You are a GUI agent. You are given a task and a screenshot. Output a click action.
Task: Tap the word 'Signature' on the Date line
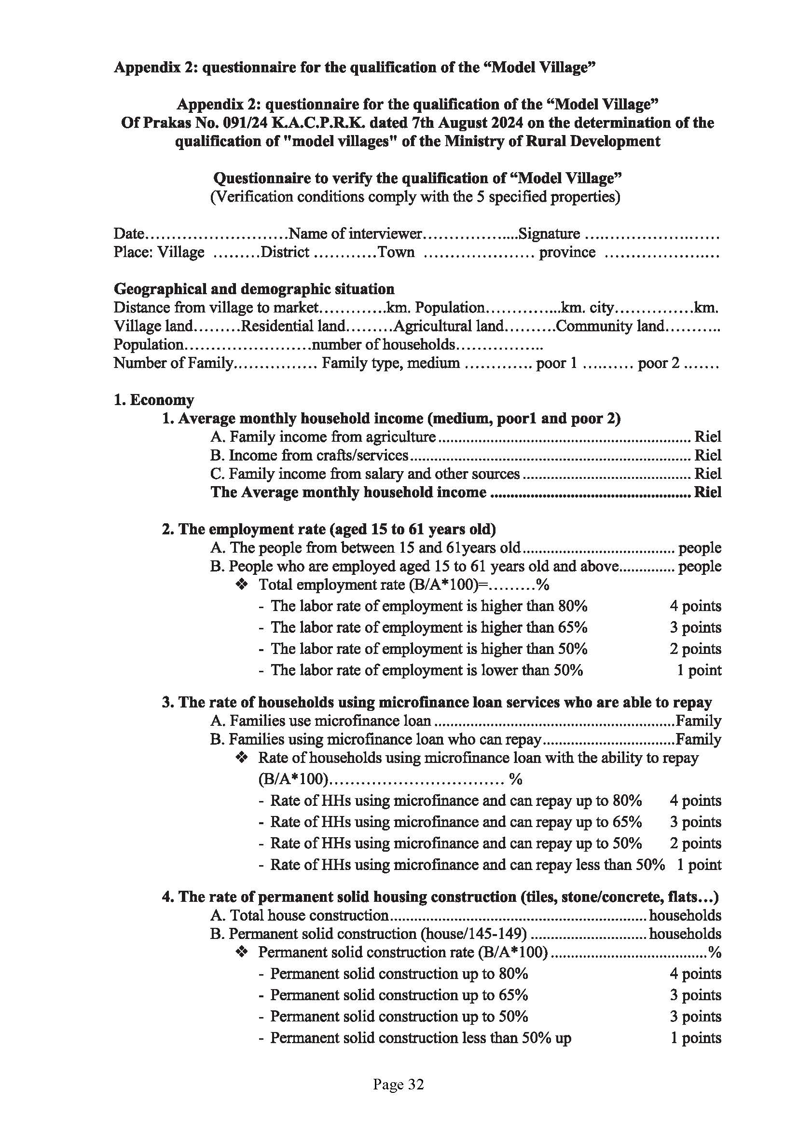549,234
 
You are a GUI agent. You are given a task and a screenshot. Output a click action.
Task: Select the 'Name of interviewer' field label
355,234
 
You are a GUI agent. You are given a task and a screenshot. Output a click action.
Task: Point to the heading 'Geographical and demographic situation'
254,289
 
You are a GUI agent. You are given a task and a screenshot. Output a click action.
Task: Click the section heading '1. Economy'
154,400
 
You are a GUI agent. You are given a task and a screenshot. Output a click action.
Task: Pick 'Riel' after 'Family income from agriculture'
708,437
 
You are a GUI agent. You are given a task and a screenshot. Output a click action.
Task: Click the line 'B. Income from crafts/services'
310,455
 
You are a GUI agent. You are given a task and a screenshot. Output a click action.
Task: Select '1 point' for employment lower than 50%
699,670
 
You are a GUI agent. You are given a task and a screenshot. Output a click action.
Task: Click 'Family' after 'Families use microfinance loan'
698,720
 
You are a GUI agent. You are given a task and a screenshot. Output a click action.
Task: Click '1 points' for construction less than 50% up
695,1038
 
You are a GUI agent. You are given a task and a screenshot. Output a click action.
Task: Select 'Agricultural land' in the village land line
449,326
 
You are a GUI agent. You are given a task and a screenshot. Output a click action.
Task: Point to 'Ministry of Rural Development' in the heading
552,141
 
